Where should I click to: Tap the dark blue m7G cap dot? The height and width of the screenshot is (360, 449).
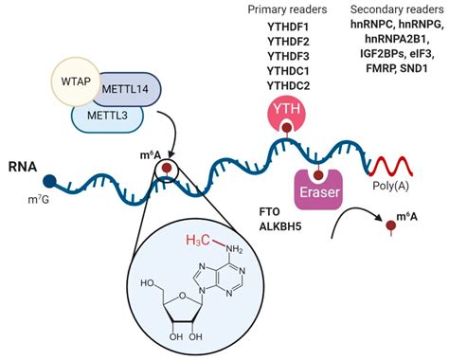click(48, 179)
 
